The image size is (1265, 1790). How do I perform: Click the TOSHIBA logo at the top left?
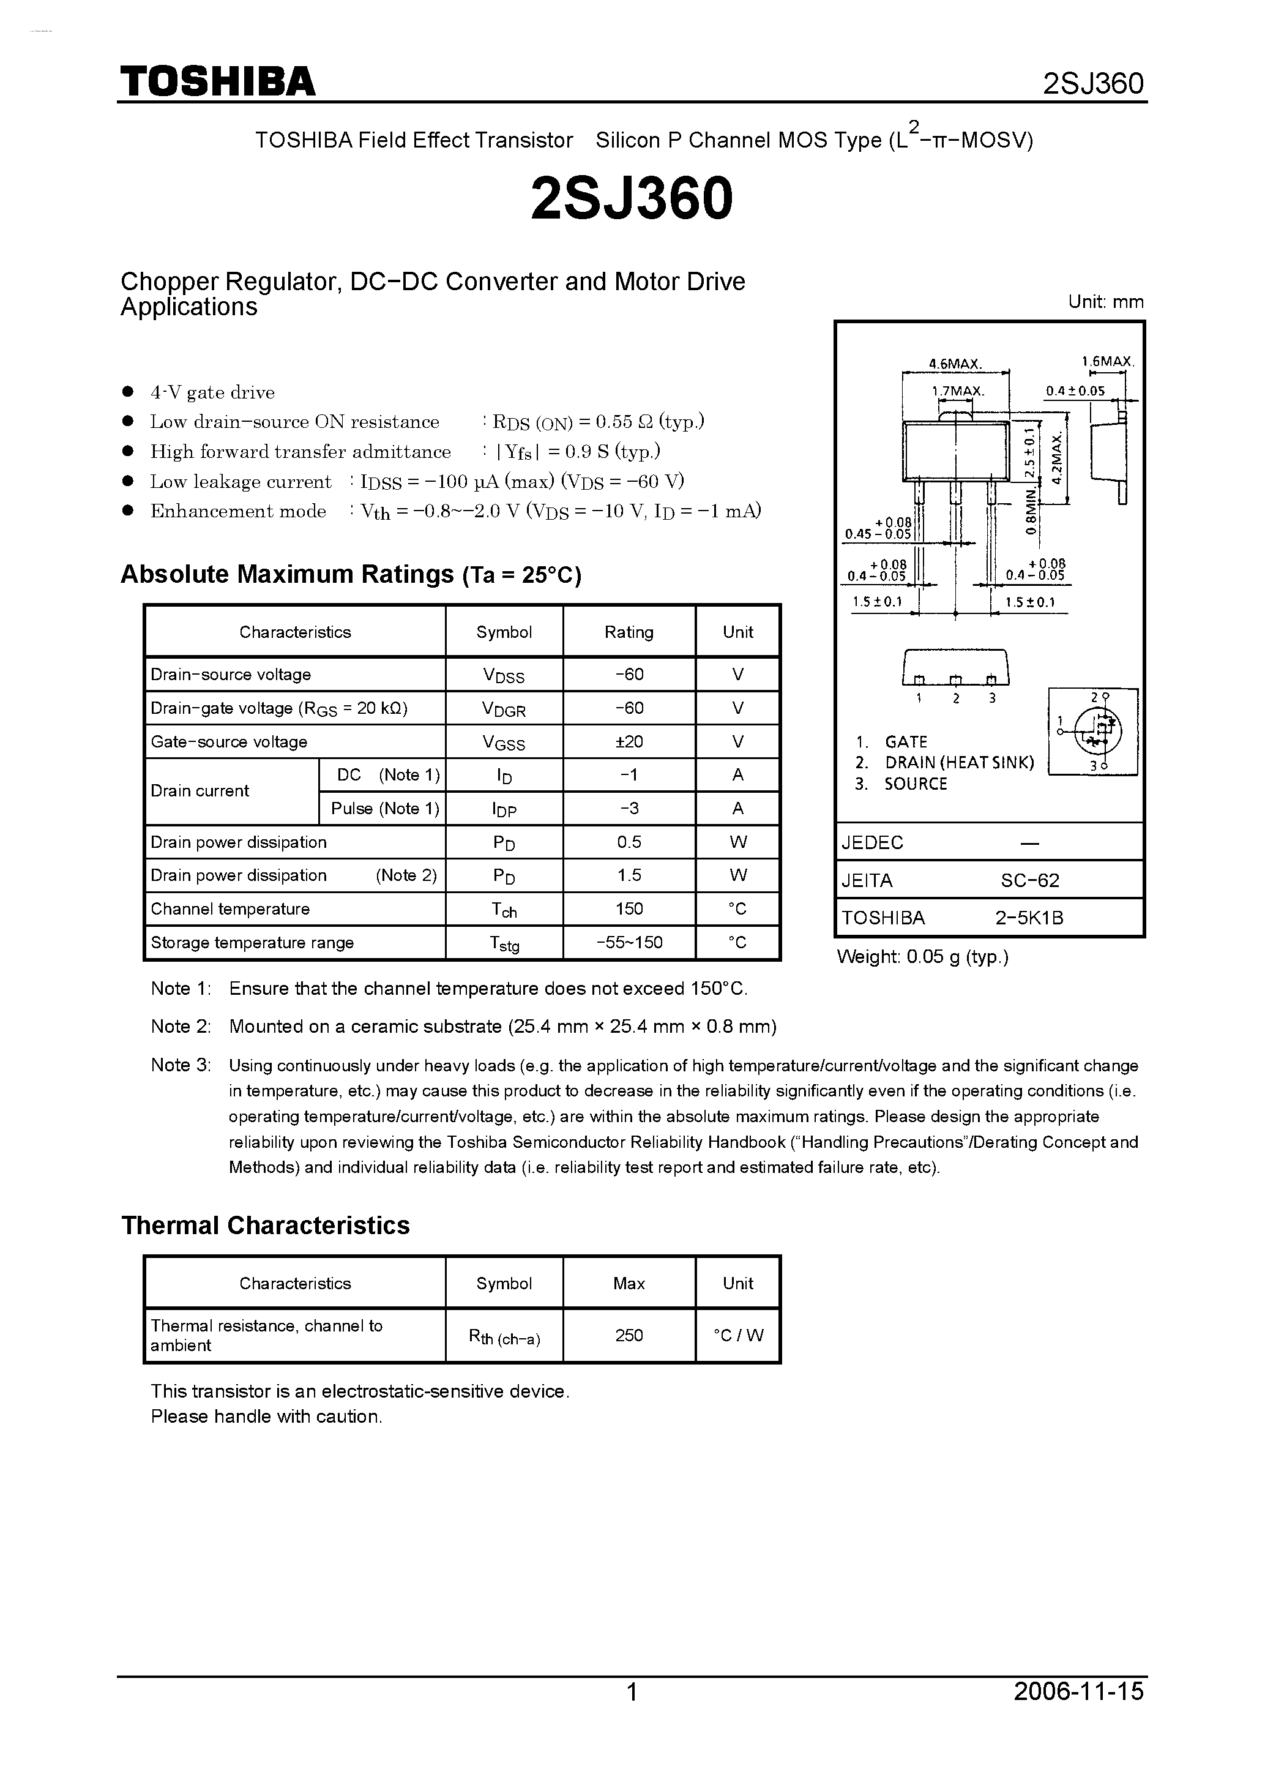(x=217, y=82)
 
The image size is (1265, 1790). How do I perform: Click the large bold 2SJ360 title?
(x=632, y=198)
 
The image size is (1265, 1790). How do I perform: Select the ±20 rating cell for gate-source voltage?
(x=629, y=741)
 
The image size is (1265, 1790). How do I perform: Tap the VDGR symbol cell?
(x=504, y=709)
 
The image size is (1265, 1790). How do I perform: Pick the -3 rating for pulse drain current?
(x=629, y=809)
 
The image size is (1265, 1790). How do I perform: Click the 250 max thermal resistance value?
(x=629, y=1336)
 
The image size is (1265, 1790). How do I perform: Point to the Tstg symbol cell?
(x=504, y=943)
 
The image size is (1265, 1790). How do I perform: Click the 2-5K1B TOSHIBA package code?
(x=1029, y=918)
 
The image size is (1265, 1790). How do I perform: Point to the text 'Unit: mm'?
(x=1105, y=302)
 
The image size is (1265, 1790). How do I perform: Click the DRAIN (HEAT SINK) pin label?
(x=958, y=763)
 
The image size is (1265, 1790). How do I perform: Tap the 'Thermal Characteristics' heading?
(x=265, y=1225)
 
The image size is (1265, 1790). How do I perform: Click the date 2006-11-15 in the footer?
(x=1079, y=1713)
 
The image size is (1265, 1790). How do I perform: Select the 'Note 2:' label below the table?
(x=181, y=1026)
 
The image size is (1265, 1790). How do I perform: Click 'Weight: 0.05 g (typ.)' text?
(x=922, y=957)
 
